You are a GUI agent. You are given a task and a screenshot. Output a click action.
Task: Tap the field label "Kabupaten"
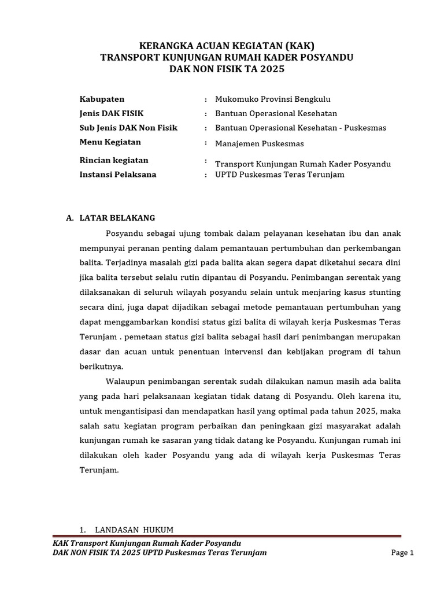pyautogui.click(x=102, y=99)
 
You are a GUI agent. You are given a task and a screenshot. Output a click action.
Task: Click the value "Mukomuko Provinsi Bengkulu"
pyautogui.click(x=272, y=99)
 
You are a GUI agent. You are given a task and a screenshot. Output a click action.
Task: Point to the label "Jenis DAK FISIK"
pyautogui.click(x=111, y=113)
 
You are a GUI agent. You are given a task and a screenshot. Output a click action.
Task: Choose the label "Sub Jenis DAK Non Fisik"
pyautogui.click(x=128, y=128)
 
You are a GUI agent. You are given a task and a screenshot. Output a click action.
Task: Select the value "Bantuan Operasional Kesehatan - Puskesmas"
pyautogui.click(x=300, y=128)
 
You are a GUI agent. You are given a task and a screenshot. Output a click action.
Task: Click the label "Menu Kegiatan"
pyautogui.click(x=110, y=142)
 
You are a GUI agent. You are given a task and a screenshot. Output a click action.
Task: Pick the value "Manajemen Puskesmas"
pyautogui.click(x=259, y=143)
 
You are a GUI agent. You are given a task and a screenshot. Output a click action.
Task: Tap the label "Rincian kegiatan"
pyautogui.click(x=114, y=160)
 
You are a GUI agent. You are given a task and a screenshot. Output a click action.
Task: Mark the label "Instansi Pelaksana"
pyautogui.click(x=117, y=174)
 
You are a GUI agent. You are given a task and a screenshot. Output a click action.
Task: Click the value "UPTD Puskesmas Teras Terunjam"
pyautogui.click(x=279, y=174)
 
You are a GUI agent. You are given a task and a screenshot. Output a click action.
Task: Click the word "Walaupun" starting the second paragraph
pyautogui.click(x=125, y=381)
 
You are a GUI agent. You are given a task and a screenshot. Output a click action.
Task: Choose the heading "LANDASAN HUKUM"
pyautogui.click(x=134, y=530)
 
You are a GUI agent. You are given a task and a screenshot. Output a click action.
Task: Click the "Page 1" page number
pyautogui.click(x=403, y=553)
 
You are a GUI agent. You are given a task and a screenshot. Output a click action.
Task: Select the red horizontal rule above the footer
pyautogui.click(x=227, y=536)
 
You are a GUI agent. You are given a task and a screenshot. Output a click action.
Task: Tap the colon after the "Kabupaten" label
pyautogui.click(x=206, y=99)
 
